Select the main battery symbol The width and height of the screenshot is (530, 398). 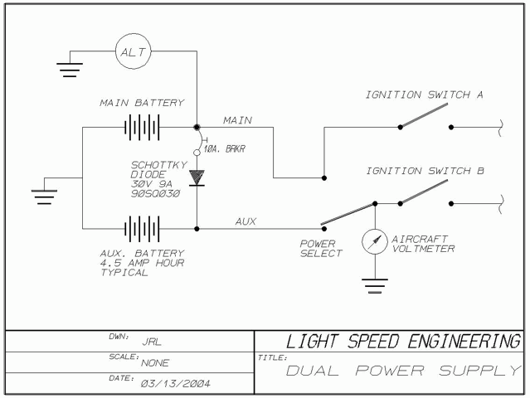(x=141, y=128)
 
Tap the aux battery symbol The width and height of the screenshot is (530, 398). (x=141, y=226)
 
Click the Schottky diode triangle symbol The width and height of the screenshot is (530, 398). (x=197, y=177)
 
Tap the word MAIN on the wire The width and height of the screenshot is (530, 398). (x=237, y=120)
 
